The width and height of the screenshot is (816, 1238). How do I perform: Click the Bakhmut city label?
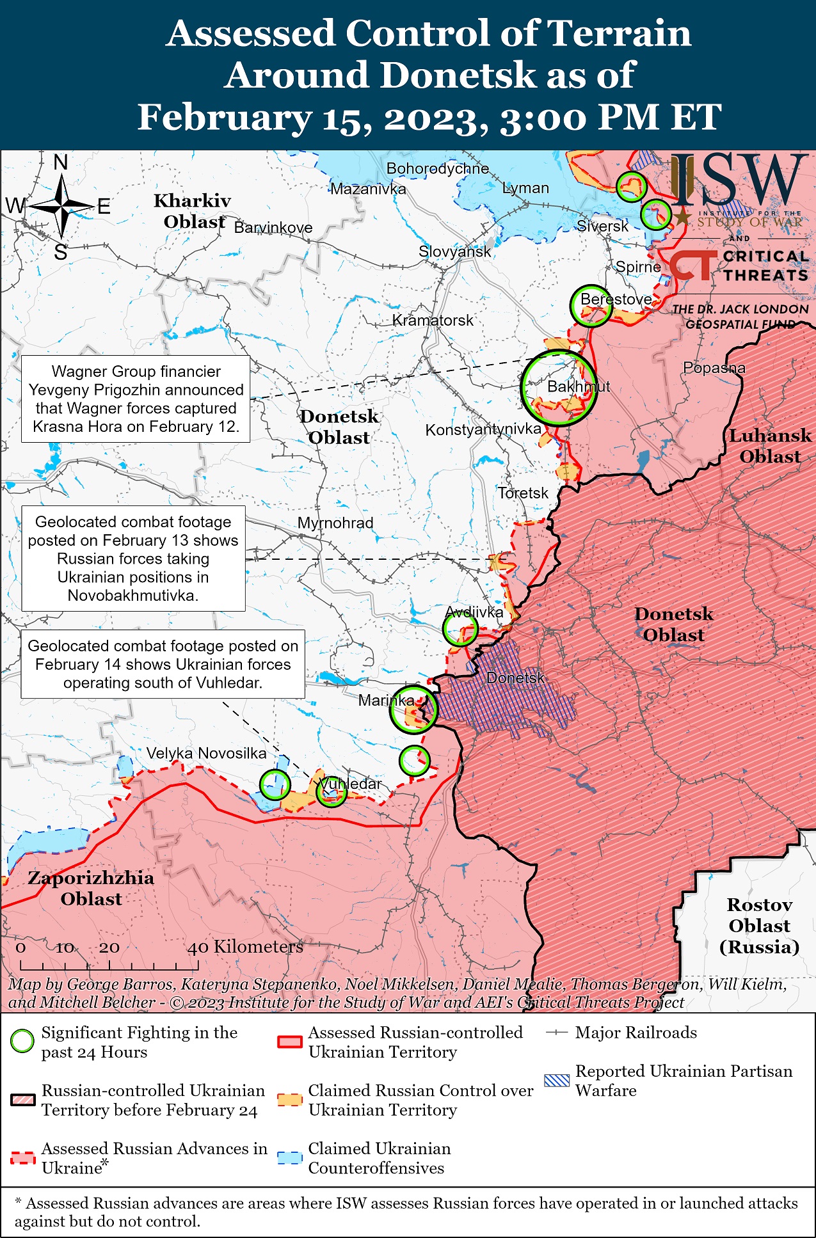(x=578, y=386)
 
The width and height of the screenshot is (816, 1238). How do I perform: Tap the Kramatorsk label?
(x=433, y=320)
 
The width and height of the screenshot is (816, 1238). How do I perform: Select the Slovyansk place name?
(x=454, y=251)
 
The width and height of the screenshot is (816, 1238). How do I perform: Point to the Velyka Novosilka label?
(x=206, y=753)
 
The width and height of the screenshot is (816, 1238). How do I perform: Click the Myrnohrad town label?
(x=335, y=523)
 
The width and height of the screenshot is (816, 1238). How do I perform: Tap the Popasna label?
(x=714, y=368)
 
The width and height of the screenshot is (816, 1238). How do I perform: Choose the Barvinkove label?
(x=273, y=228)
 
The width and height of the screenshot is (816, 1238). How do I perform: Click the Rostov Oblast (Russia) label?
(x=759, y=925)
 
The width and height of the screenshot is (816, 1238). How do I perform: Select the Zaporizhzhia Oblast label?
(x=91, y=888)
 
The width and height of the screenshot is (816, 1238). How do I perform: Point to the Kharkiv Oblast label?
(x=192, y=210)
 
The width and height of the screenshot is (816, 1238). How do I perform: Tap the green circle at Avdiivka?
(x=460, y=628)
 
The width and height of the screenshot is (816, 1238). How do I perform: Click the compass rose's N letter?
(x=61, y=163)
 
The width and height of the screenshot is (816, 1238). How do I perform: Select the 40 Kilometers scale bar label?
(x=244, y=947)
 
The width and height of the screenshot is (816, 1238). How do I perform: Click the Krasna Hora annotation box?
(x=136, y=399)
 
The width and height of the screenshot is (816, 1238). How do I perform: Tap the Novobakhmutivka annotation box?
(x=133, y=559)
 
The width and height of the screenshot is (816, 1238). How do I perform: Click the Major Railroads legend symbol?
(x=557, y=1033)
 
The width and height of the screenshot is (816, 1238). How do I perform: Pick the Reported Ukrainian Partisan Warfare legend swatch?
(x=556, y=1081)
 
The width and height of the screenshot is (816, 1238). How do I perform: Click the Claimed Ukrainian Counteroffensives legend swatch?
(x=289, y=1158)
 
